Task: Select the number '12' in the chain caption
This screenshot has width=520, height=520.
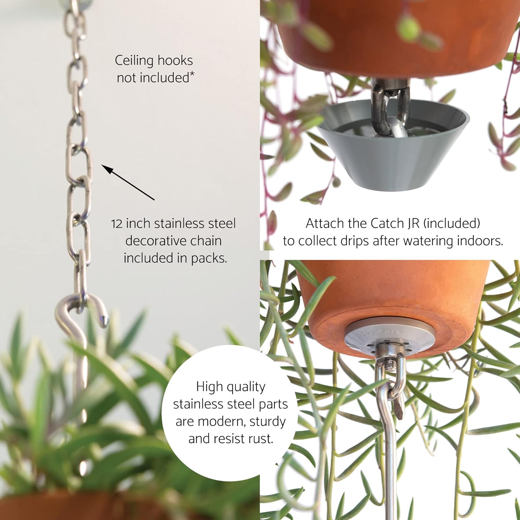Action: tap(117, 224)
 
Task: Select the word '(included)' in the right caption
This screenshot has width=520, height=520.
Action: tap(452, 224)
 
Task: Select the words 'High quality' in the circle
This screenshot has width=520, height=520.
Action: tap(231, 387)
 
